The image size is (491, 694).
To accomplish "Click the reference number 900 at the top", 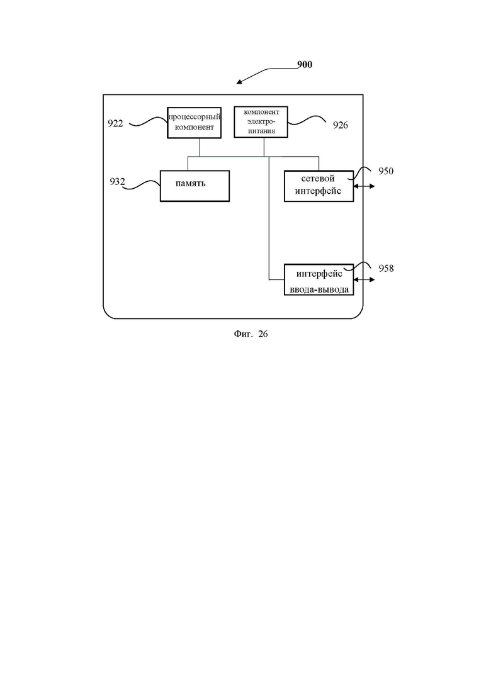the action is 305,65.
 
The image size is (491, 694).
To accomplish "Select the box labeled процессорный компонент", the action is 195,123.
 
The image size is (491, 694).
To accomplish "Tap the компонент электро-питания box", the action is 261,121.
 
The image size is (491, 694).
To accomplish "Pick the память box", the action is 195,186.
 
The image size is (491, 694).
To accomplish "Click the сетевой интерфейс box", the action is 319,186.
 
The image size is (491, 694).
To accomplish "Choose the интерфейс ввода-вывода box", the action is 319,280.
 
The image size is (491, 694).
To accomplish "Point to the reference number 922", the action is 116,123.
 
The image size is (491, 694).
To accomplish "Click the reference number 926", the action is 341,125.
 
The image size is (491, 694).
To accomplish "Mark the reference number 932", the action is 117,181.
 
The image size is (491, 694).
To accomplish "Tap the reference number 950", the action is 386,171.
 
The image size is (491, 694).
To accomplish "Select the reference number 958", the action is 386,268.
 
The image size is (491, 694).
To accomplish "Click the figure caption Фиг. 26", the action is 251,334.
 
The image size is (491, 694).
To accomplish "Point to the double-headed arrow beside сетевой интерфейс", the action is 364,186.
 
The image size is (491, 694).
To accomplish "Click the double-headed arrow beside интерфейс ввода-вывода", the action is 364,280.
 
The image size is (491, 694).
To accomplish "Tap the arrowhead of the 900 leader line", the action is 237,83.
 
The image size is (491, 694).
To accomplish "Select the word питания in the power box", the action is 261,131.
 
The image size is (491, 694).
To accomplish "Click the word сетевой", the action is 318,179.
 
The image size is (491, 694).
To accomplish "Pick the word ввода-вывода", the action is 319,290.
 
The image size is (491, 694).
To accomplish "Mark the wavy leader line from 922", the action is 148,121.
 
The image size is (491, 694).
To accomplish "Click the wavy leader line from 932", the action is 141,186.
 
